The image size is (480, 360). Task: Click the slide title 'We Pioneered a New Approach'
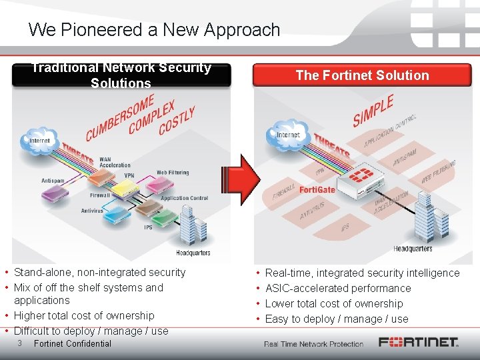click(154, 30)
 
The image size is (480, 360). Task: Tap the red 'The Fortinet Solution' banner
click(362, 75)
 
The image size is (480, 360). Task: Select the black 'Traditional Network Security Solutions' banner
click(121, 75)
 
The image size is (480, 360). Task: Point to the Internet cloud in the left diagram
click(39, 141)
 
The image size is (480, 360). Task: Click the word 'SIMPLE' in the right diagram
click(373, 111)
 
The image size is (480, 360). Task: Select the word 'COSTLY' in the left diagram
click(177, 121)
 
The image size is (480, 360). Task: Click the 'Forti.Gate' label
click(317, 189)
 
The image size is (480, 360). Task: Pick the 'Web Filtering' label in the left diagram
click(173, 173)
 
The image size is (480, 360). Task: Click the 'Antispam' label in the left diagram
click(53, 181)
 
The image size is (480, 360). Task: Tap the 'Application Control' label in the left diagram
click(184, 198)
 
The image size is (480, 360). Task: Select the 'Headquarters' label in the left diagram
click(193, 253)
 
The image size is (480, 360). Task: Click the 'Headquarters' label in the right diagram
click(413, 249)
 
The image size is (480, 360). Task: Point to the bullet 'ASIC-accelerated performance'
click(338, 288)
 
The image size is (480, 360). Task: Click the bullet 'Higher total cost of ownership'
click(84, 315)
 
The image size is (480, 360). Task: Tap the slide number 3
click(21, 343)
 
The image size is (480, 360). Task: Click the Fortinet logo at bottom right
click(419, 343)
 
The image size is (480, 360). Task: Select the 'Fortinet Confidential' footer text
click(72, 344)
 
